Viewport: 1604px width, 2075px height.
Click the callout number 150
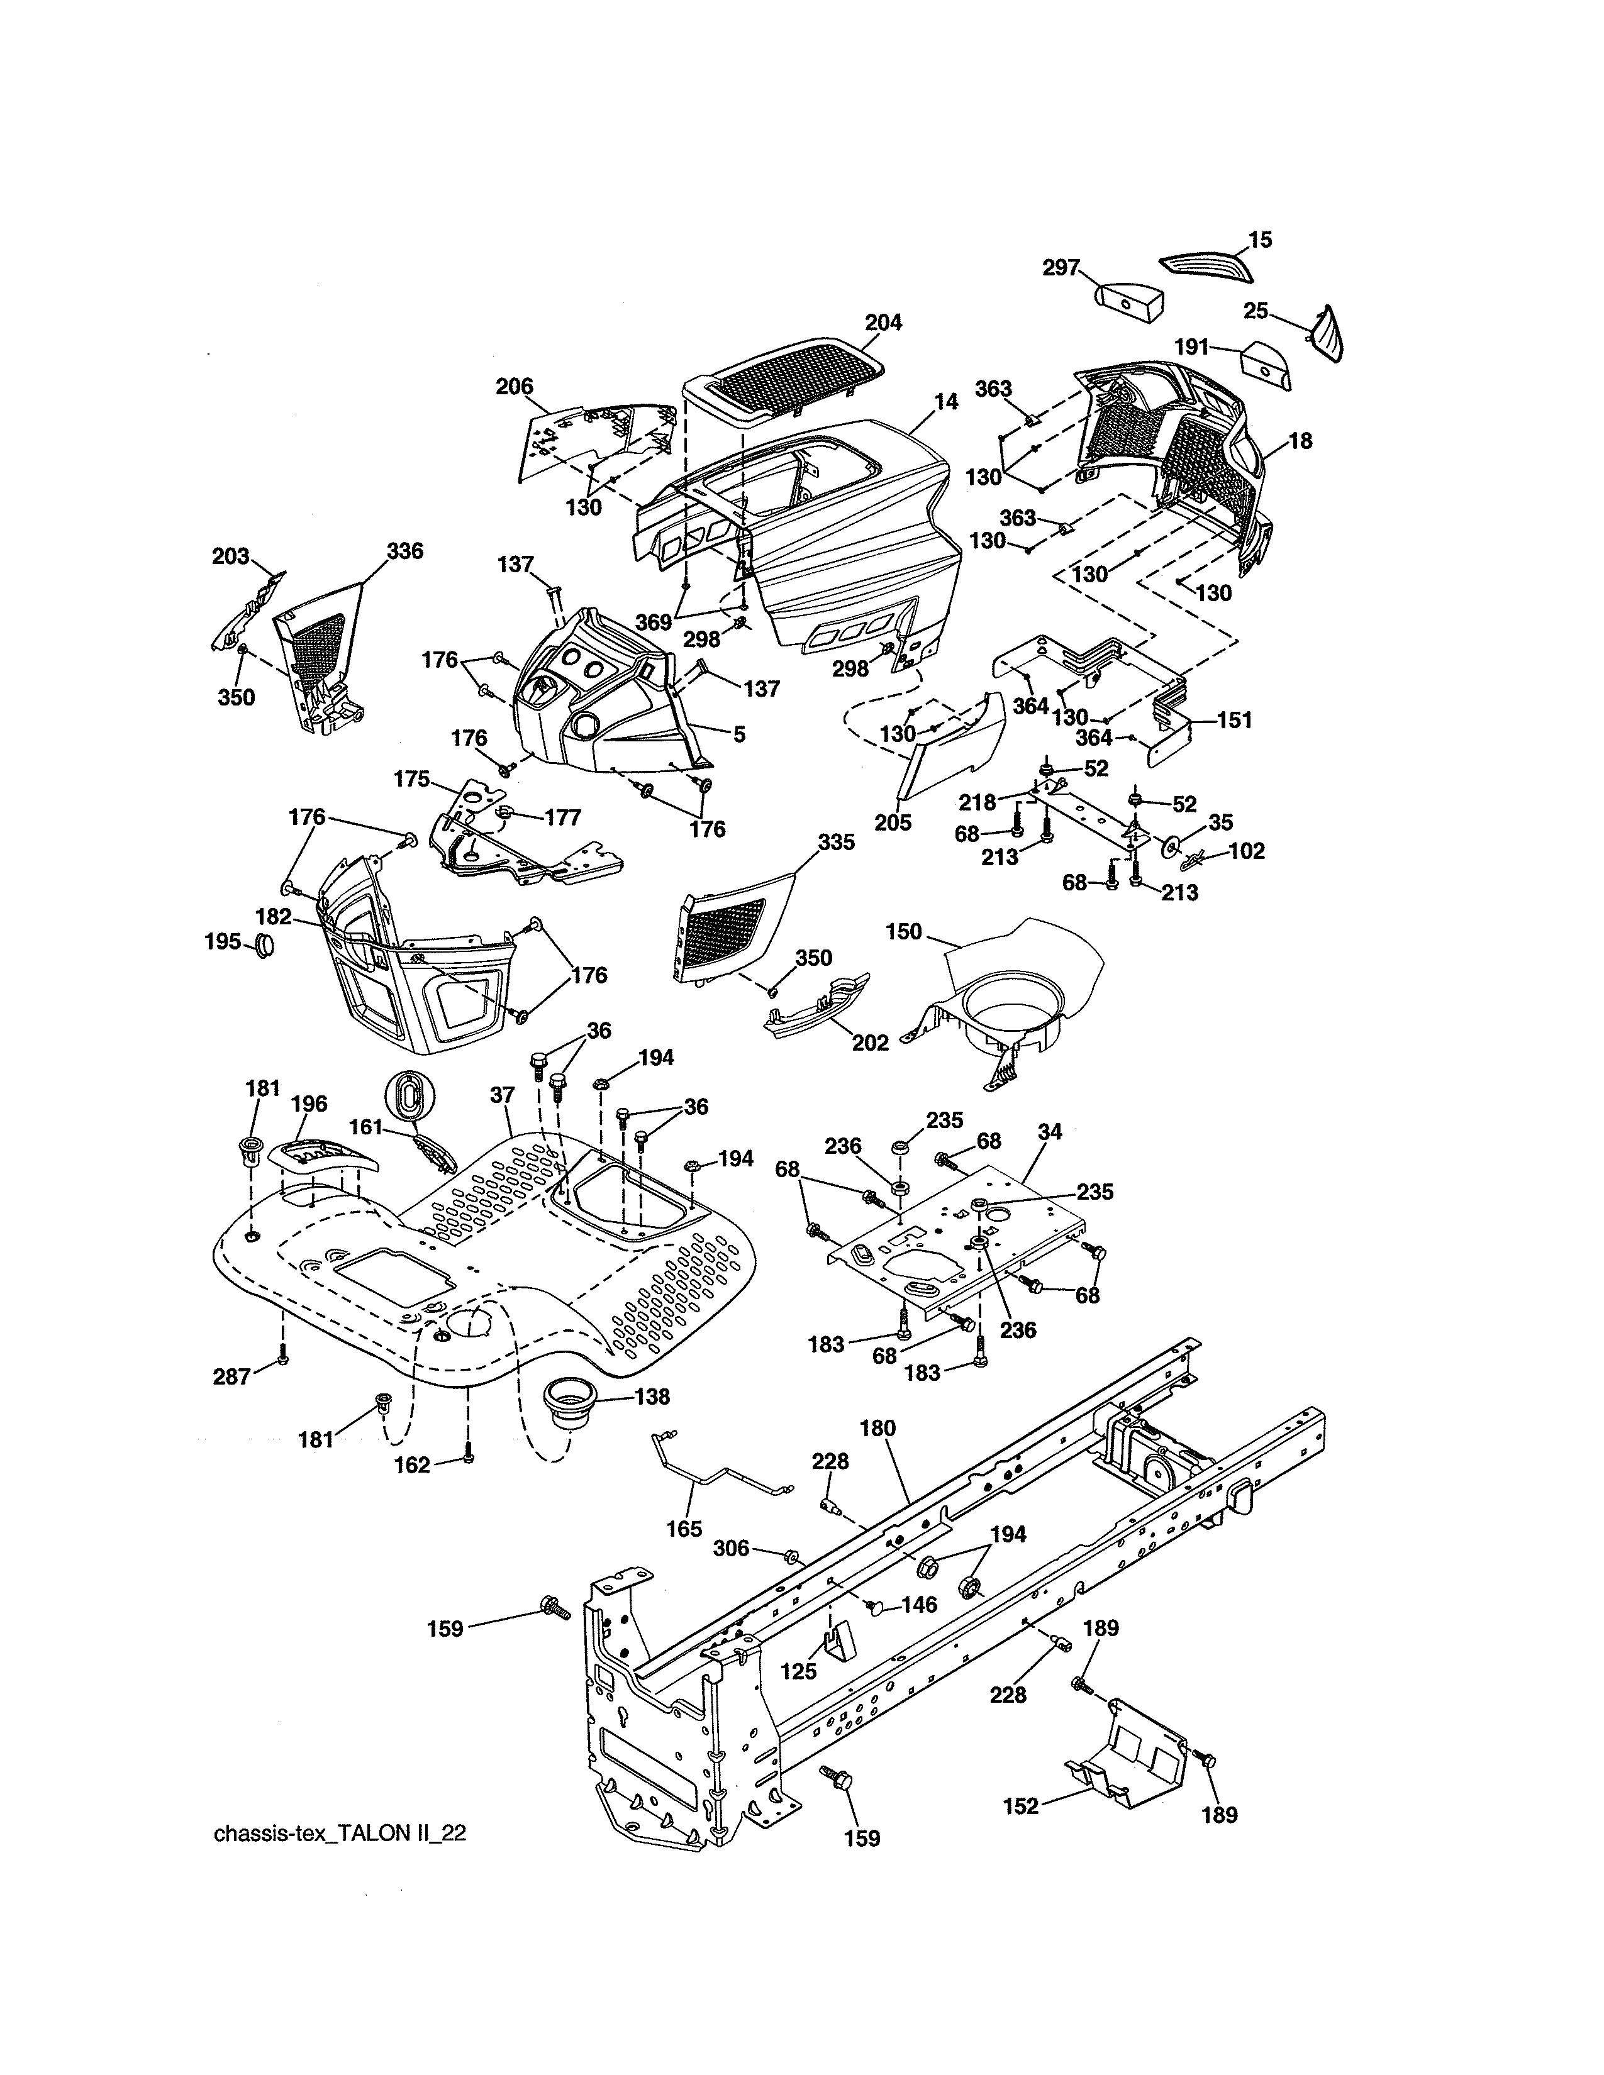point(904,931)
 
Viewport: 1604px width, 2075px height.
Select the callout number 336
point(405,551)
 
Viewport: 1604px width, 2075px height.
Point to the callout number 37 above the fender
point(502,1095)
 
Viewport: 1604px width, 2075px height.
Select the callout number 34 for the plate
point(1049,1132)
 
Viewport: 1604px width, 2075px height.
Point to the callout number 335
point(836,843)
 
